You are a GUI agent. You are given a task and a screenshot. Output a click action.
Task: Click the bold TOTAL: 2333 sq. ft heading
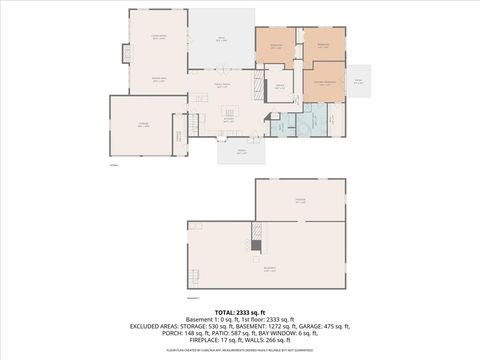tap(239, 311)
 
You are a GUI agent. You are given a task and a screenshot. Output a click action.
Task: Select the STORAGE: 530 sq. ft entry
tap(218, 326)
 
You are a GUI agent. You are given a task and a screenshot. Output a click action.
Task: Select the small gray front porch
tap(241, 151)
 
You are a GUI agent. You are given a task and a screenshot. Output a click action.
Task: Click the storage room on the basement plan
tap(300, 200)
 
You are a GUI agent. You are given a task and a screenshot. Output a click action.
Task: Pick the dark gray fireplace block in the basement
tap(256, 245)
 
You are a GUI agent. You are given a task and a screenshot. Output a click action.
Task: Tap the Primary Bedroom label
tap(323, 80)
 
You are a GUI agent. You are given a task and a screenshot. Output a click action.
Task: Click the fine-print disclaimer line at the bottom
tap(239, 350)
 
